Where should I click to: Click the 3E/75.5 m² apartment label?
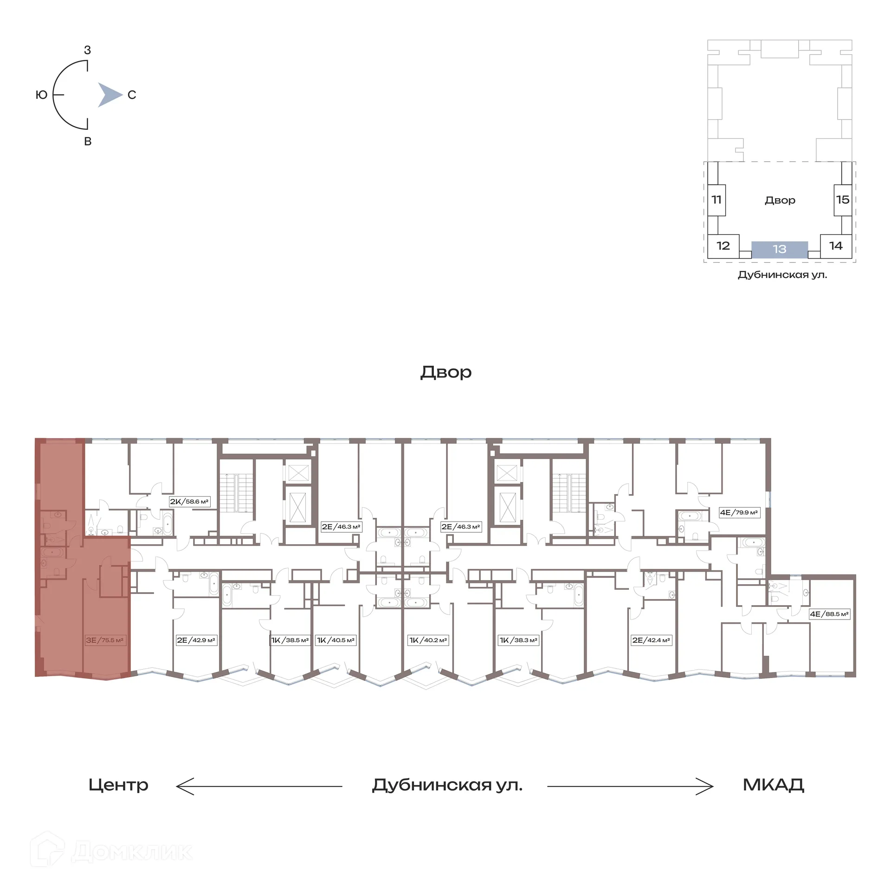pos(104,640)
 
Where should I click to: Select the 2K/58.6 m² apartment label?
pos(189,501)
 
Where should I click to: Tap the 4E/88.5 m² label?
pos(829,613)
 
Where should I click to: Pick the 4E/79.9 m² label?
pos(739,512)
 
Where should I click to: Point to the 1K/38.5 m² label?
pos(290,640)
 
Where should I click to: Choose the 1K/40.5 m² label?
pos(336,640)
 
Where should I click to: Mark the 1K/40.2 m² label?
pos(428,640)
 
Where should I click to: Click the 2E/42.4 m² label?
pos(651,640)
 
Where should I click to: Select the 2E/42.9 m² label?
pos(196,640)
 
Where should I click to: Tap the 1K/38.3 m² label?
pos(518,640)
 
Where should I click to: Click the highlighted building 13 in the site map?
pos(780,249)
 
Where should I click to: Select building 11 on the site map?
pos(717,200)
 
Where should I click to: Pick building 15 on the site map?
pos(842,200)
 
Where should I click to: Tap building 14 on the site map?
pos(836,245)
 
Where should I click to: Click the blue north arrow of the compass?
pos(109,95)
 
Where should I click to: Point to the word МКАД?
pos(773,785)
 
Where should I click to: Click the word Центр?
pos(118,785)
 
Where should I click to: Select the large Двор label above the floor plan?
pos(445,372)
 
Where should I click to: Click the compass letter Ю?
pos(41,95)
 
